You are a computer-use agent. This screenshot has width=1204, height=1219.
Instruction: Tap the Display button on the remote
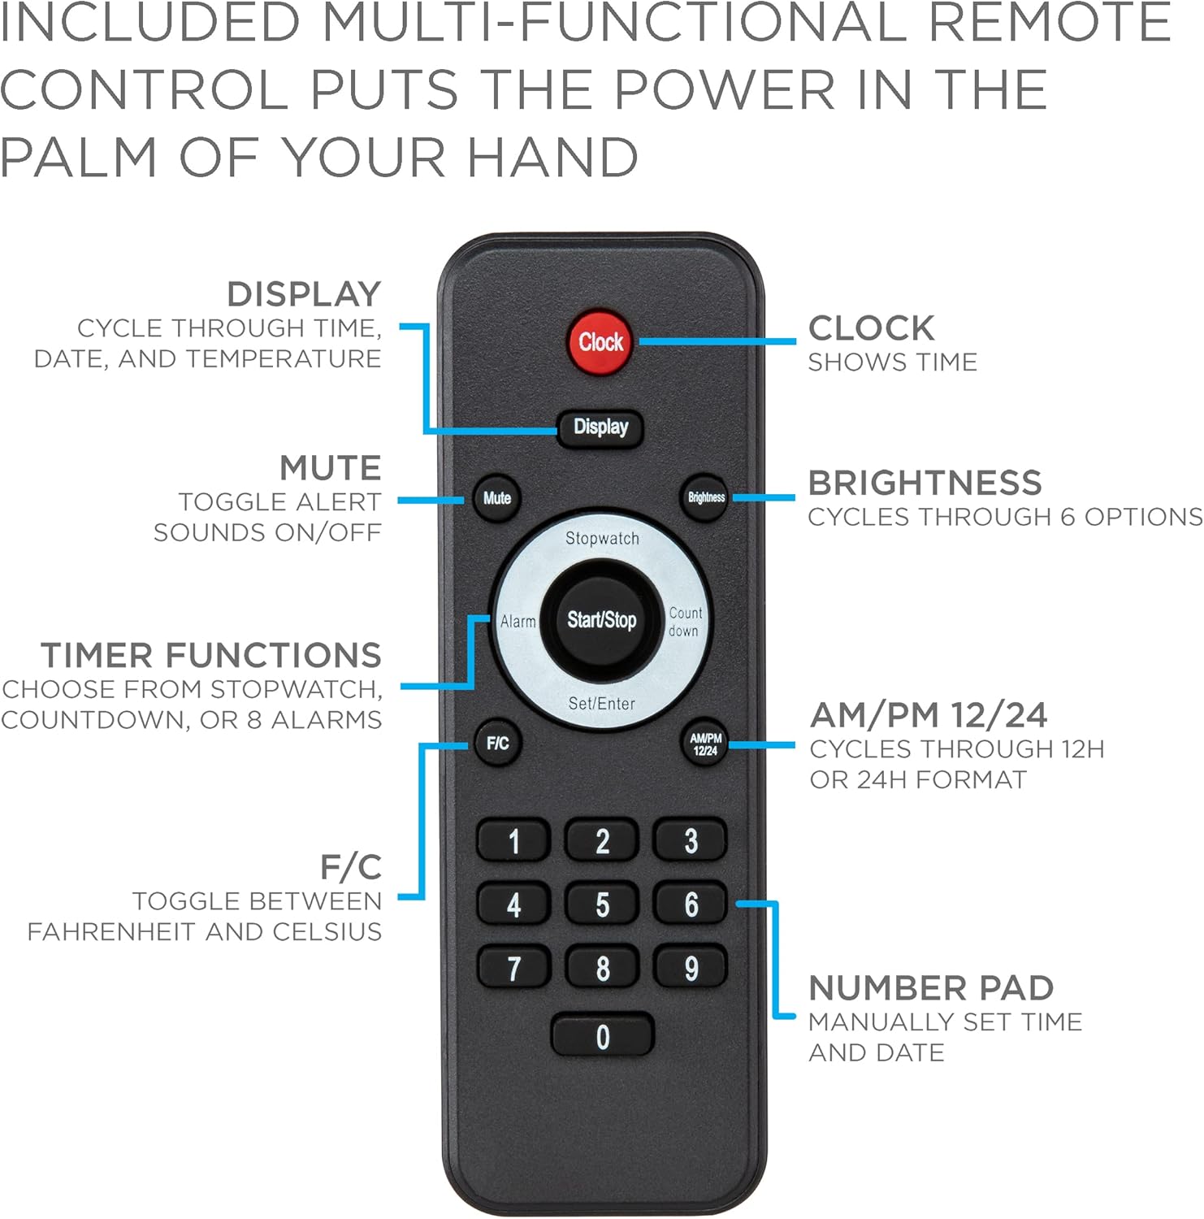600,427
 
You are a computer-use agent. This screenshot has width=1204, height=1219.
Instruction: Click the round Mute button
496,498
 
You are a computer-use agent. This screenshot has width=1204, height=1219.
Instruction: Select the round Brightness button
705,497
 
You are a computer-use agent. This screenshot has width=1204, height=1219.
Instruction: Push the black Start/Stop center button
601,620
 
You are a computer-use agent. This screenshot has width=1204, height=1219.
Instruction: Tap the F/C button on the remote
497,743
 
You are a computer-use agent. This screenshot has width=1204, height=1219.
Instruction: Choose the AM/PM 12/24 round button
705,744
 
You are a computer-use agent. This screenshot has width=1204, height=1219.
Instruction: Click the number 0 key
602,1036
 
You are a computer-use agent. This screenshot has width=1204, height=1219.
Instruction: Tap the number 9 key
691,968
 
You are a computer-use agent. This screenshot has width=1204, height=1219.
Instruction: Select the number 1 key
513,841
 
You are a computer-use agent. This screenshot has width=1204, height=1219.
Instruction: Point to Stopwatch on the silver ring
602,538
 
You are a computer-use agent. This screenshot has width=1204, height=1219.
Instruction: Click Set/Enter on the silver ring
601,704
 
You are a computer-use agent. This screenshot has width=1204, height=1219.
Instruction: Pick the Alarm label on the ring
518,622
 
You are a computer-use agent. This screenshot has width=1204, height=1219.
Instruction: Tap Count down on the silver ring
685,622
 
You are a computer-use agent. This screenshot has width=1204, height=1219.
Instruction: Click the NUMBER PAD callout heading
931,988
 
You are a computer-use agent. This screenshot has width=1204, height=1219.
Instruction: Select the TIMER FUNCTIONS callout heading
211,655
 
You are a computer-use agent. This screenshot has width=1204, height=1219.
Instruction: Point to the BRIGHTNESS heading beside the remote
925,483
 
